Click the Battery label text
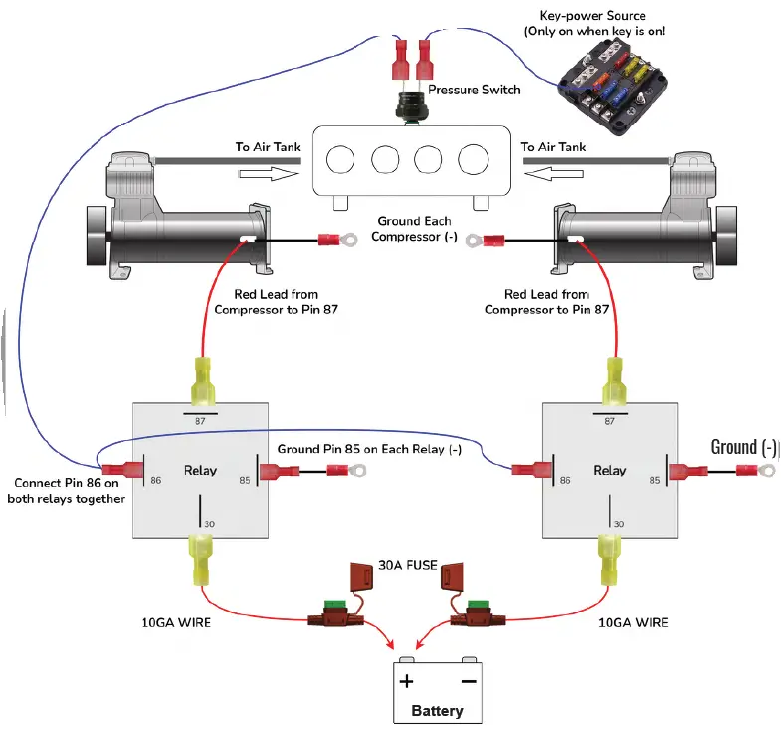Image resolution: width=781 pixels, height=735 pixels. [x=437, y=711]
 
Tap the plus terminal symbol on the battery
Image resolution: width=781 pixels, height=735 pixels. [x=406, y=682]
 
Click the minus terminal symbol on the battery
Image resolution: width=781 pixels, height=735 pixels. [x=467, y=682]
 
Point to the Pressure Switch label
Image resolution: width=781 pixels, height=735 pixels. [x=475, y=90]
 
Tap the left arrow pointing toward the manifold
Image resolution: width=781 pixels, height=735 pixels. [x=269, y=170]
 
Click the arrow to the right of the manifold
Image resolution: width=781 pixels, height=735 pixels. [x=550, y=170]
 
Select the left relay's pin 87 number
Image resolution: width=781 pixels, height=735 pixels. [x=201, y=421]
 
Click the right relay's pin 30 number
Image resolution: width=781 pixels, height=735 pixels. [x=618, y=523]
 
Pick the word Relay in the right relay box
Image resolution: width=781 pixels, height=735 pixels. [x=609, y=470]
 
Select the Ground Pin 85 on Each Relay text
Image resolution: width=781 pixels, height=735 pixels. [x=369, y=449]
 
